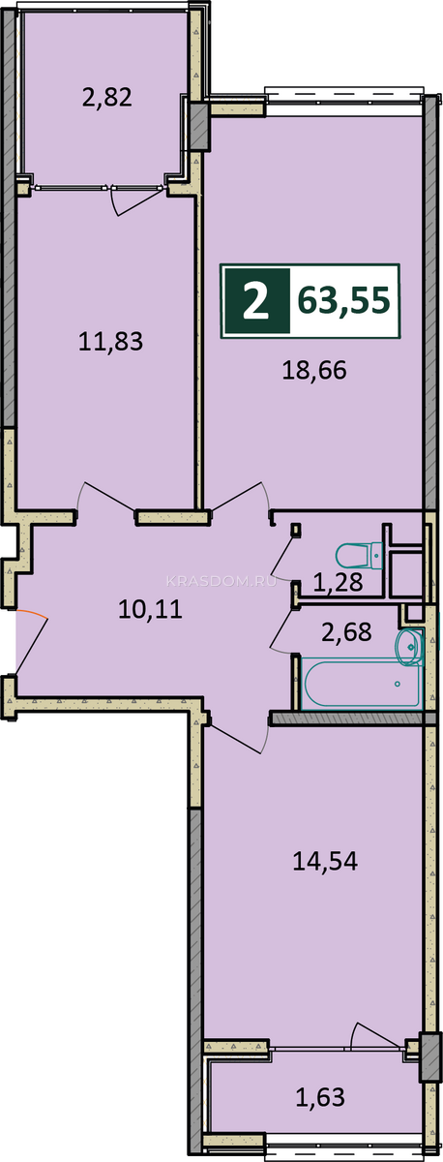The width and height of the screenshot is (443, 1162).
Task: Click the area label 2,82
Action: pos(107,97)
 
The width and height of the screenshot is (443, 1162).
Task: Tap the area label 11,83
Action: pos(110,341)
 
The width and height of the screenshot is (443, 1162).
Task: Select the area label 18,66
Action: pos(314,370)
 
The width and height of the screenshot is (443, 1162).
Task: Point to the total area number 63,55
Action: pos(344,300)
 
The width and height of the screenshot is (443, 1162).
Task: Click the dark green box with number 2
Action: pos(256,301)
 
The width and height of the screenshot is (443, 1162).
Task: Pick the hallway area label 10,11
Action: pos(150,608)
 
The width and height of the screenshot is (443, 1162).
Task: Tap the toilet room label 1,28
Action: pos(338,582)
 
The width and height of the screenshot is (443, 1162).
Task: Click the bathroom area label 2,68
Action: pos(346,631)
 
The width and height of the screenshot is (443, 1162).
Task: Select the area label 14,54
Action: pos(325,861)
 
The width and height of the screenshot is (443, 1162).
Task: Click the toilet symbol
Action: pos(359,556)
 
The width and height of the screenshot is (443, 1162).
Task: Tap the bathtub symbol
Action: pos(362,683)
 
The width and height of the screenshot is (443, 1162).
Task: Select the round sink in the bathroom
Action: pos(409,647)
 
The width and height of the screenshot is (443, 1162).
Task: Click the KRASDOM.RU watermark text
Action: pos(221,581)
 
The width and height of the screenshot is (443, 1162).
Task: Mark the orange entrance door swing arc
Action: pos(33,614)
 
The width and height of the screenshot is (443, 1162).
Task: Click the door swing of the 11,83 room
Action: pos(106,497)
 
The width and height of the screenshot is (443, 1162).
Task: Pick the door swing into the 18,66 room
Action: pos(239,497)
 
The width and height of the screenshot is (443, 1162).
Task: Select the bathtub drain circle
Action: pos(398,684)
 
